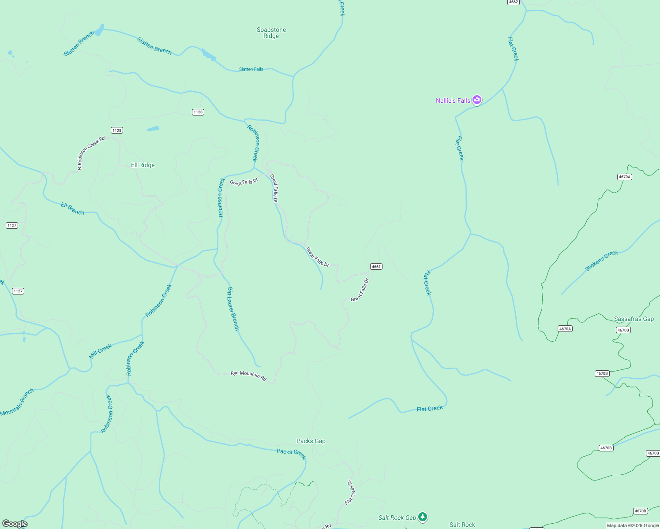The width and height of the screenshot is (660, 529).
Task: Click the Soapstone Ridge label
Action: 271,33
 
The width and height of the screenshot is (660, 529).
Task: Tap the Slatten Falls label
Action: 251,69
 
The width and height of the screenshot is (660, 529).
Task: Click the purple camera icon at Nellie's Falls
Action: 476,100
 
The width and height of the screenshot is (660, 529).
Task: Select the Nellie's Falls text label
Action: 453,101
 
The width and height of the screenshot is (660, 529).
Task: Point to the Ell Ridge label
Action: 143,165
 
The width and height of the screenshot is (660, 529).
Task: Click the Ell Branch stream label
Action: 72,209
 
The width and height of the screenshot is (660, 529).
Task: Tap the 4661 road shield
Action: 376,266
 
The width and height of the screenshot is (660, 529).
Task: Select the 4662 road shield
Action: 513,2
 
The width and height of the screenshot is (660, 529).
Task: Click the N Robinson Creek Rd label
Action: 91,153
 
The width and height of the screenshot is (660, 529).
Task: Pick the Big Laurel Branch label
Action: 233,309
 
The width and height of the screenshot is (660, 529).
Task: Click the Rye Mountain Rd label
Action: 248,376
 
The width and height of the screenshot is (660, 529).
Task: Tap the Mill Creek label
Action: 101,351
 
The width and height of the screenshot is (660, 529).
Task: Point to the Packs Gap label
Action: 311,441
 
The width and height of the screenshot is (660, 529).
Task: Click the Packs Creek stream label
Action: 291,453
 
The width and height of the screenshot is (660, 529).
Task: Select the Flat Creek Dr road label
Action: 349,492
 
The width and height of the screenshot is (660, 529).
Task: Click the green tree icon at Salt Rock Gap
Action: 423,517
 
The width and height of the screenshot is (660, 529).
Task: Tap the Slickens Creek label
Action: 601,261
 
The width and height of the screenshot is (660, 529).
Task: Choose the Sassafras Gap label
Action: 634,319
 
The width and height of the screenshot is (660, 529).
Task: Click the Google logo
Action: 15,524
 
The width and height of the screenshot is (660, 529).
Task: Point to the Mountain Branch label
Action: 17,402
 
